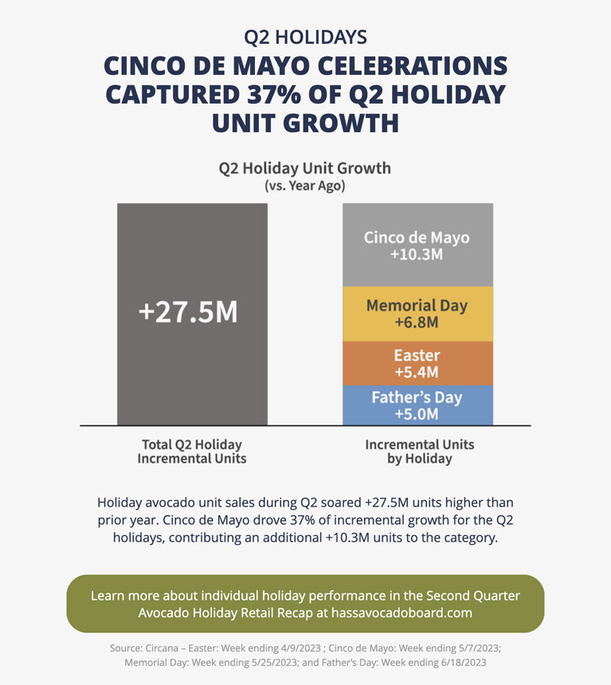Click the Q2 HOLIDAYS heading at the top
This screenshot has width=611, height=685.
pyautogui.click(x=305, y=37)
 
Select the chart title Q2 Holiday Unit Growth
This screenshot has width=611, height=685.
pyautogui.click(x=305, y=168)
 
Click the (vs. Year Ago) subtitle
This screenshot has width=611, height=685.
pyautogui.click(x=305, y=186)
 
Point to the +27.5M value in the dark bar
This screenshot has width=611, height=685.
pyautogui.click(x=188, y=311)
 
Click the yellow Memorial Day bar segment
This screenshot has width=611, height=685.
pyautogui.click(x=417, y=315)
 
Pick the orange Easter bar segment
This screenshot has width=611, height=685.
pyautogui.click(x=417, y=363)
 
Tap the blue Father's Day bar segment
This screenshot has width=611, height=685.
pyautogui.click(x=417, y=405)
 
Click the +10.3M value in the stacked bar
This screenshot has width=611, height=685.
pyautogui.click(x=417, y=255)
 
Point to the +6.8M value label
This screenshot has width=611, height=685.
pyautogui.click(x=417, y=323)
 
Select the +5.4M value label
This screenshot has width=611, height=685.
pyautogui.click(x=417, y=372)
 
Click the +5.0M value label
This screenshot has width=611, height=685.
pyautogui.click(x=417, y=414)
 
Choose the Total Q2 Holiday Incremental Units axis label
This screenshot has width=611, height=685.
pyautogui.click(x=191, y=452)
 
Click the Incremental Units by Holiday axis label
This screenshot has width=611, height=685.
pyautogui.click(x=419, y=452)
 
